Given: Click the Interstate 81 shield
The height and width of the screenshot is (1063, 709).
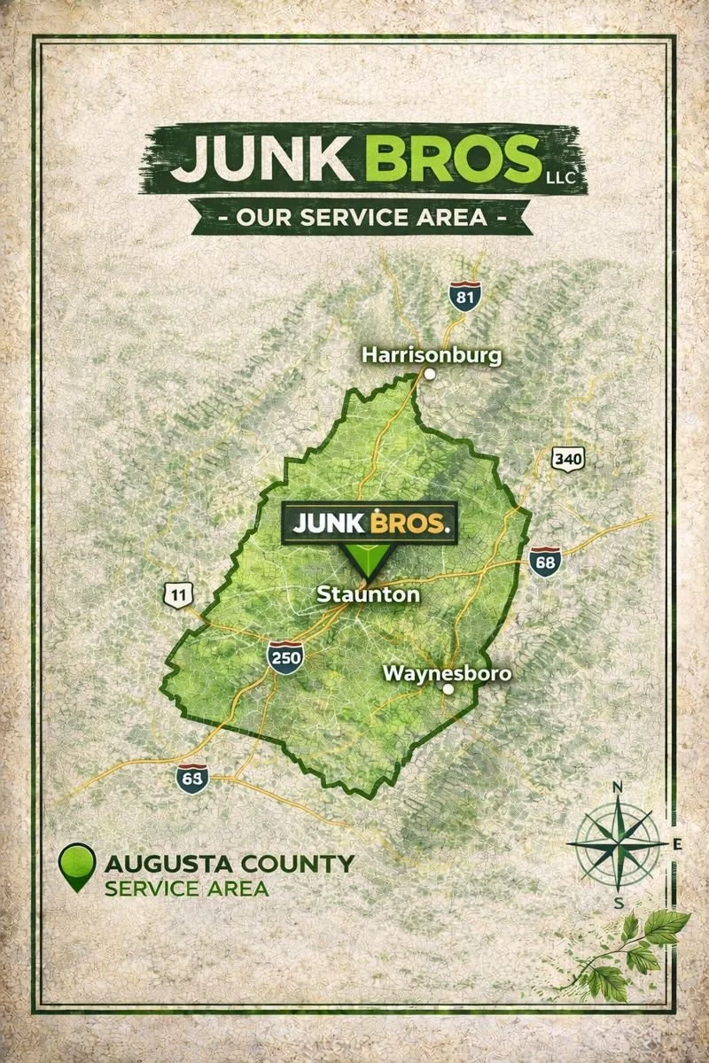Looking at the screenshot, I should tap(464, 297).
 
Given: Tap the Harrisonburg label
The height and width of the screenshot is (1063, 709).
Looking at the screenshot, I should tap(432, 355).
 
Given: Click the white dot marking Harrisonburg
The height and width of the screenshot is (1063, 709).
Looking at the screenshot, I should tap(430, 374).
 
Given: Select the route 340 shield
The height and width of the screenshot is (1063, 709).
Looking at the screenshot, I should tap(567, 459).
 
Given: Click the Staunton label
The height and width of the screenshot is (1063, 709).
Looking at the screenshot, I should tap(369, 594).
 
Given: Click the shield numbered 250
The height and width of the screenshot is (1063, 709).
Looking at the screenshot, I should tap(285, 658).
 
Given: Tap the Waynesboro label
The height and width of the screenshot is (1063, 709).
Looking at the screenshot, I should tap(447, 673).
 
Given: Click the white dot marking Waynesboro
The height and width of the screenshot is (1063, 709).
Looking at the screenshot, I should tap(448, 689).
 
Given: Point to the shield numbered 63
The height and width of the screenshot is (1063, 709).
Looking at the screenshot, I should tap(192, 777).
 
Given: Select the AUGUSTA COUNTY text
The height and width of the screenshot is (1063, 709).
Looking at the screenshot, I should tap(229, 863).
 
